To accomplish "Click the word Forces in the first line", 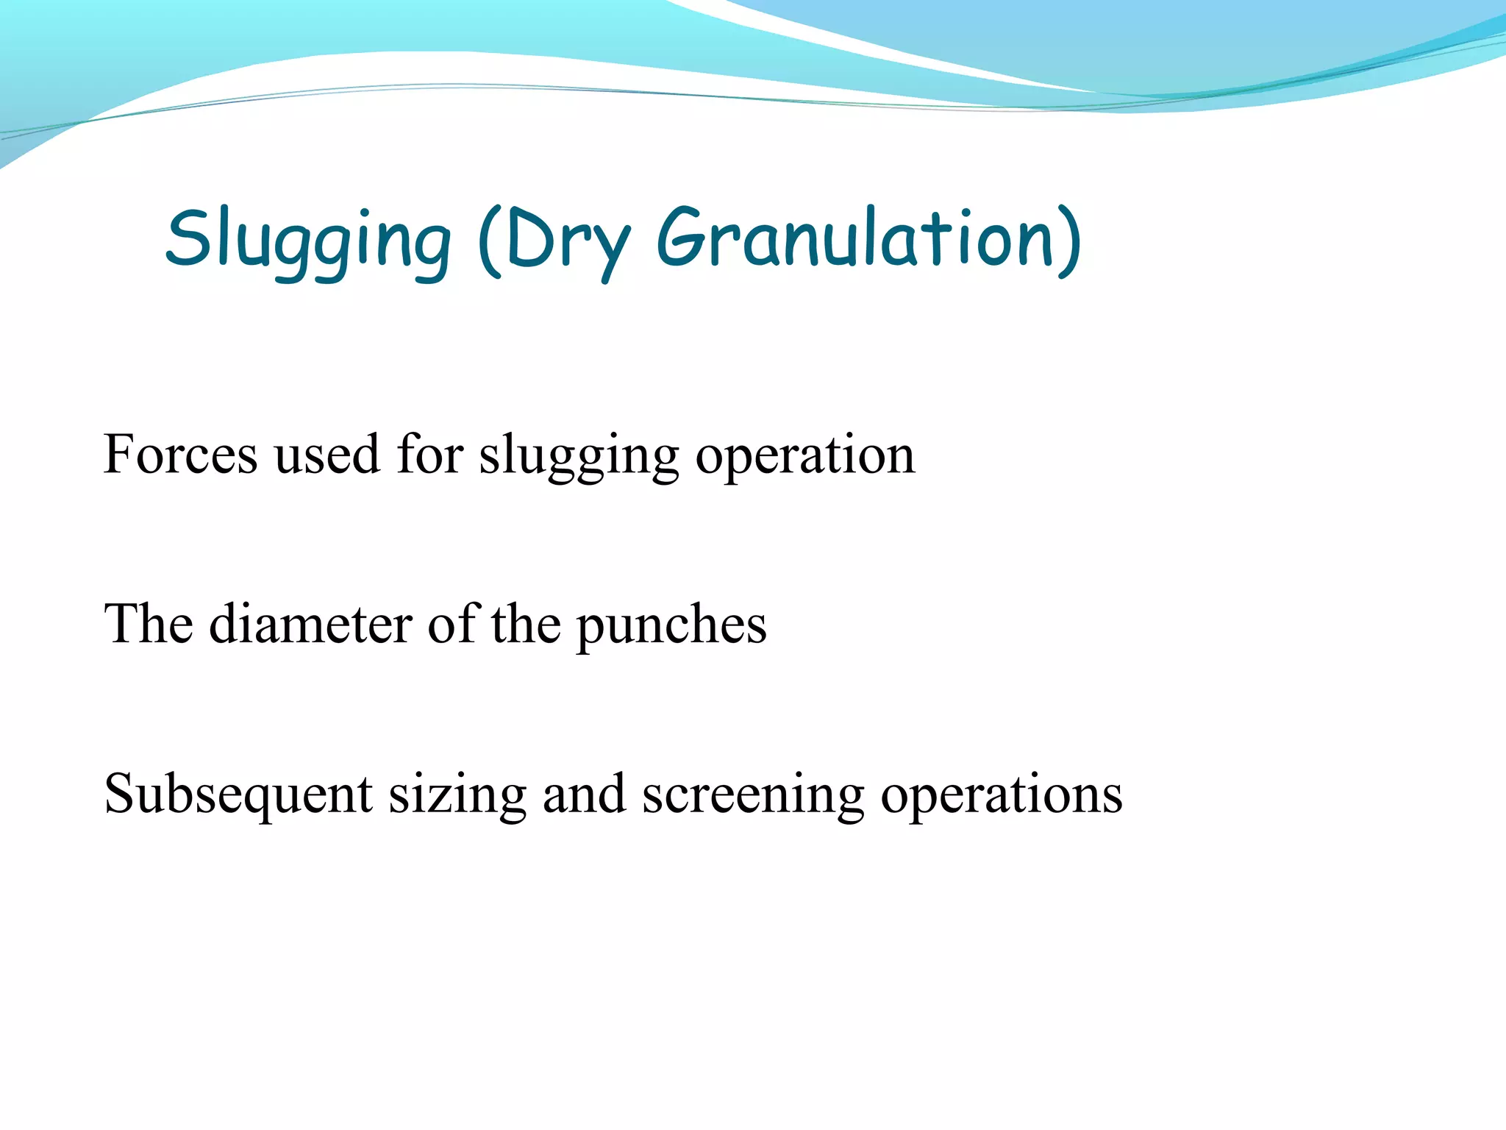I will click(x=180, y=455).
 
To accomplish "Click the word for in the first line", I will click(x=429, y=455).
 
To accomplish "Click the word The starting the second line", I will click(x=149, y=624).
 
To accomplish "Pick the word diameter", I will click(x=310, y=624).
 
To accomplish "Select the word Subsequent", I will click(x=238, y=795).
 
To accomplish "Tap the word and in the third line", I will click(x=584, y=795).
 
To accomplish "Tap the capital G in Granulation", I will click(x=681, y=238).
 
